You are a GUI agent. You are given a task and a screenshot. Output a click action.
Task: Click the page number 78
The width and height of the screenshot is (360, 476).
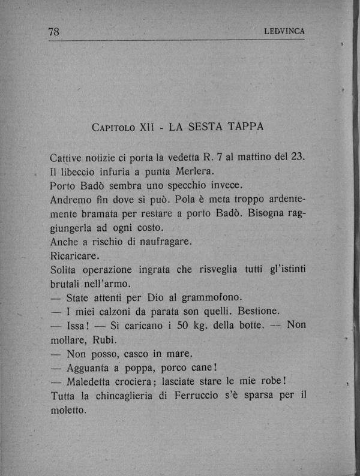click(55, 33)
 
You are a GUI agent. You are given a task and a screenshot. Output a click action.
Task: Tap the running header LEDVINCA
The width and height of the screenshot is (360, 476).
click(284, 32)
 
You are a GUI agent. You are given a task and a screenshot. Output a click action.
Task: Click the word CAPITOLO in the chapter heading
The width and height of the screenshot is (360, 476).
click(113, 128)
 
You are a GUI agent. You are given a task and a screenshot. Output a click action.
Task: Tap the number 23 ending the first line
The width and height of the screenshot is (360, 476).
click(297, 157)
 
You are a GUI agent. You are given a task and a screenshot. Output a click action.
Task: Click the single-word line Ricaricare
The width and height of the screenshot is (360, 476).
click(75, 256)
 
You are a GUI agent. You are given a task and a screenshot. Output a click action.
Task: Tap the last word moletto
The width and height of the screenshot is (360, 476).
click(68, 410)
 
